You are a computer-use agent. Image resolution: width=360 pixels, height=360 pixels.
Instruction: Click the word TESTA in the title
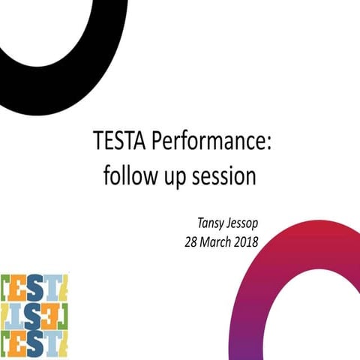pyautogui.click(x=115, y=141)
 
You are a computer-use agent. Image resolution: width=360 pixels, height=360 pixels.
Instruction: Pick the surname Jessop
pyautogui.click(x=245, y=223)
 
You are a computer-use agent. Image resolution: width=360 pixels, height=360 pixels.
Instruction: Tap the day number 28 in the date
pyautogui.click(x=192, y=241)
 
